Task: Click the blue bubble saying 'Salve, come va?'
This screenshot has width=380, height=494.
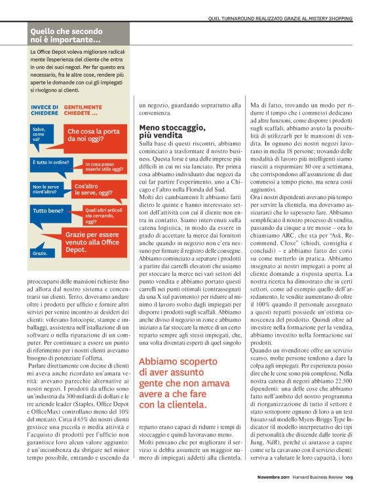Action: tap(41, 135)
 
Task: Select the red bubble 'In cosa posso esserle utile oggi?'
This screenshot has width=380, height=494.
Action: tap(104, 166)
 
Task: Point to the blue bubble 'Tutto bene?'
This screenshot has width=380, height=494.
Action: tap(50, 212)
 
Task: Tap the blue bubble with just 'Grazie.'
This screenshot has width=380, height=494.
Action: tap(40, 252)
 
